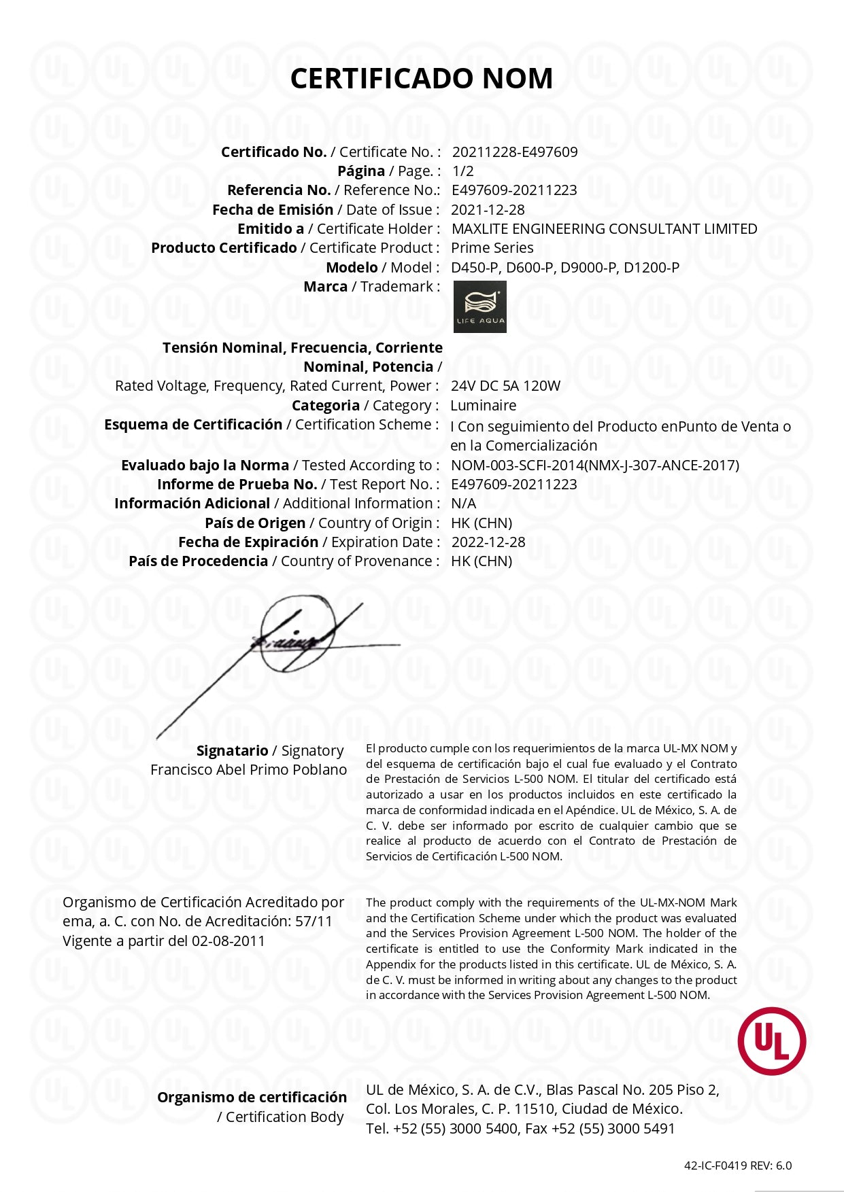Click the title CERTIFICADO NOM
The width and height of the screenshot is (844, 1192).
click(x=421, y=78)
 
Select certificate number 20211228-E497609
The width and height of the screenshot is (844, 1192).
click(x=514, y=152)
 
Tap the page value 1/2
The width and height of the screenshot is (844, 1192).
click(x=462, y=171)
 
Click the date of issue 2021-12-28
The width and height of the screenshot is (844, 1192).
click(x=488, y=209)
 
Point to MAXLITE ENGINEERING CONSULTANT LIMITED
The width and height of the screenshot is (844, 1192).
click(x=604, y=228)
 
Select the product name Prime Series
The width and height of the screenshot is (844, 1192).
click(x=492, y=247)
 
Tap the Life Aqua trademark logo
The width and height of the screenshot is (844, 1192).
click(x=479, y=306)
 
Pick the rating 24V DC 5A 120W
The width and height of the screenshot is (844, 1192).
click(x=505, y=385)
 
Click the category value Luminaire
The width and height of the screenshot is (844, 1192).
click(x=483, y=405)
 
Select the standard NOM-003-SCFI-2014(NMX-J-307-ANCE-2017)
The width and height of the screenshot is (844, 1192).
click(x=594, y=465)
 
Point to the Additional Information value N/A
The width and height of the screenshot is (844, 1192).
click(x=463, y=503)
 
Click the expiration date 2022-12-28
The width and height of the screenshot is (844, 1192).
click(x=488, y=542)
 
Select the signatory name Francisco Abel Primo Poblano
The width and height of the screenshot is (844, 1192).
click(x=248, y=769)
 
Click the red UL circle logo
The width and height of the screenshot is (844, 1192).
click(x=772, y=1041)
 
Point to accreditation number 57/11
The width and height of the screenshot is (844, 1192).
click(x=314, y=921)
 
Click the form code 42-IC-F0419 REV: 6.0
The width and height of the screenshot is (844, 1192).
click(x=737, y=1165)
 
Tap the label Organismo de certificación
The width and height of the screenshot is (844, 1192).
click(x=252, y=1097)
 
